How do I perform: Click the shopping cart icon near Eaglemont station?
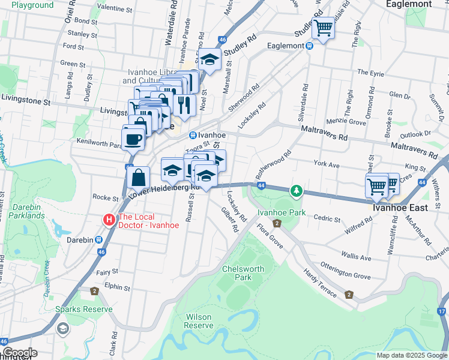tap(324, 28)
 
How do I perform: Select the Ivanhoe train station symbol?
tap(193, 135)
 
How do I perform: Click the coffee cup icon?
tap(133, 139)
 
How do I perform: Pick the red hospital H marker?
tap(109, 220)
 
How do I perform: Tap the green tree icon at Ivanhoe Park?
tap(295, 191)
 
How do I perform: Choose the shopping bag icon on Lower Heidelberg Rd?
tap(138, 178)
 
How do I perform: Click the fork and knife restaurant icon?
tap(184, 105)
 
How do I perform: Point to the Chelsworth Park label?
tap(243, 274)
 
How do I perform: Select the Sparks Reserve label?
tap(84, 309)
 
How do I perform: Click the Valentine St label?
tap(115, 9)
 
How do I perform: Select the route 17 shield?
tap(442, 311)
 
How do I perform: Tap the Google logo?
tap(19, 353)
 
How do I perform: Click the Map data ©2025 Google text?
tap(411, 355)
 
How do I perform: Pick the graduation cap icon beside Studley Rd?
tap(210, 60)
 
